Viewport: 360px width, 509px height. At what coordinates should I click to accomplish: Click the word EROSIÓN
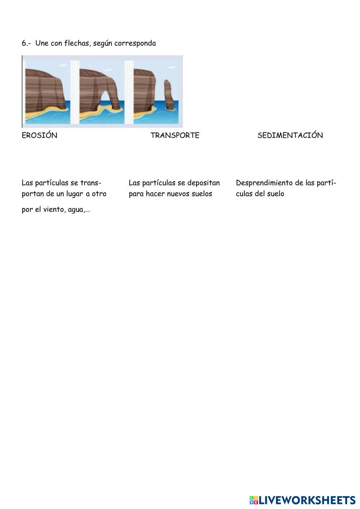tap(39, 135)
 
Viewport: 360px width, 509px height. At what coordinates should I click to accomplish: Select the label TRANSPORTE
tap(175, 135)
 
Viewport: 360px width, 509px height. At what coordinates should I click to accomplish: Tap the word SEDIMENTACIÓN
tap(290, 135)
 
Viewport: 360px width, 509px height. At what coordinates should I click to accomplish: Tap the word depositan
tap(203, 183)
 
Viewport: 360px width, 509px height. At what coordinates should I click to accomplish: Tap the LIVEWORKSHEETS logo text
tap(307, 500)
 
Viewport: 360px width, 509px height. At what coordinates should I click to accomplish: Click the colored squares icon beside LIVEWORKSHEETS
tap(254, 500)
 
